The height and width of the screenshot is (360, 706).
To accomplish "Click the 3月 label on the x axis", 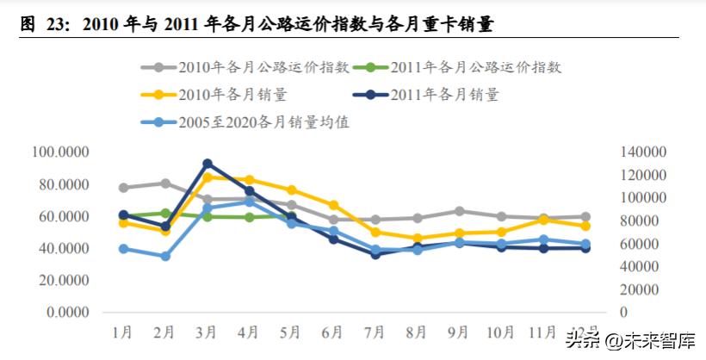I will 207,331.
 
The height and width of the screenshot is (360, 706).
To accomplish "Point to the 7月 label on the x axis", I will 375,331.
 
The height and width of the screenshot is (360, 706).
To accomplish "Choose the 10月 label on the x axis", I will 500,331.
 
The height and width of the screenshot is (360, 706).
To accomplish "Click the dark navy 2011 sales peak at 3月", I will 207,163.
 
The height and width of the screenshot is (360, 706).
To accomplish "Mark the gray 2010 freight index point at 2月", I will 165,183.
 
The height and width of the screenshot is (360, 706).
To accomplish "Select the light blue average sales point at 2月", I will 165,256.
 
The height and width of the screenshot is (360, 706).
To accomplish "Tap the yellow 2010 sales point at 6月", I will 333,205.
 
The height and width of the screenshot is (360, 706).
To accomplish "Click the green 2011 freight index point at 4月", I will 250,217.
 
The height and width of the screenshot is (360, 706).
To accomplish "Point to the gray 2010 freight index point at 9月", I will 459,211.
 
